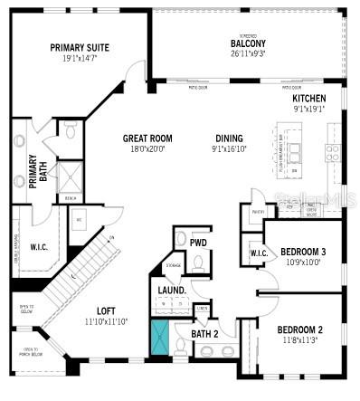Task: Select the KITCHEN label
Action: coord(308,97)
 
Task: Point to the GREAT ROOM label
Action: coord(147,138)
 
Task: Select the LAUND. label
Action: coord(172,290)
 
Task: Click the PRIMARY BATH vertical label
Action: coord(33,169)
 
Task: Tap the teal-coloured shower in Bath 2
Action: coord(160,338)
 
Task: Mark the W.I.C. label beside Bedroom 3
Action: coord(258,253)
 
